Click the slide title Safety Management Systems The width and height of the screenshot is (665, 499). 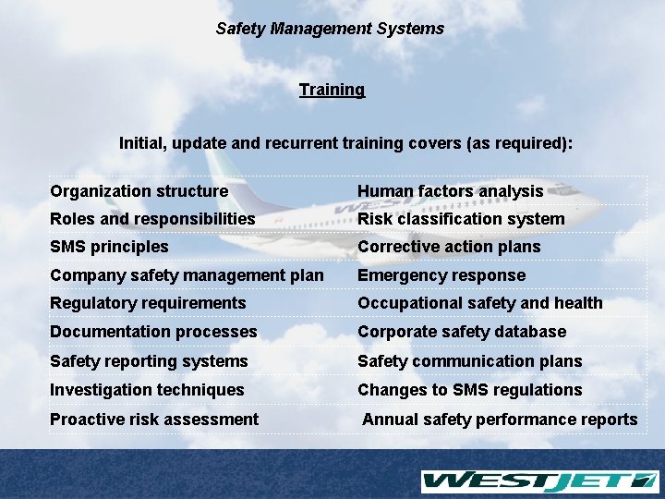pyautogui.click(x=330, y=29)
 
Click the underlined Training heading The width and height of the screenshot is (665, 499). pyautogui.click(x=332, y=90)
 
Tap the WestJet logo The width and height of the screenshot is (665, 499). pyautogui.click(x=539, y=481)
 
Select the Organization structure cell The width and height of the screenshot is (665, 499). pyautogui.click(x=139, y=191)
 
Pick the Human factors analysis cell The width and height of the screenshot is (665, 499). pyautogui.click(x=451, y=191)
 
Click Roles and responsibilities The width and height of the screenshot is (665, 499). pyautogui.click(x=152, y=219)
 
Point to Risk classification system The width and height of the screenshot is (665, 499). pyautogui.click(x=461, y=219)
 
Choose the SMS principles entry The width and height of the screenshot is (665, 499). pyautogui.click(x=109, y=247)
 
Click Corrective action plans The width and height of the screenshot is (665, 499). pyautogui.click(x=449, y=247)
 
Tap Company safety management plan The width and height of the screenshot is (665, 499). pyautogui.click(x=187, y=275)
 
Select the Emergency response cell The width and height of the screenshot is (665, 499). pyautogui.click(x=441, y=275)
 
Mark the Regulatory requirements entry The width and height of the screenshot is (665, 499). pyautogui.click(x=148, y=303)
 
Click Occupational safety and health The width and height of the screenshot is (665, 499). pyautogui.click(x=480, y=303)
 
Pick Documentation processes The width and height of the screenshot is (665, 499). pyautogui.click(x=153, y=332)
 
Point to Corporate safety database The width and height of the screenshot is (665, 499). pyautogui.click(x=462, y=332)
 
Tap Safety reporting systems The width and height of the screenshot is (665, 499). pyautogui.click(x=149, y=361)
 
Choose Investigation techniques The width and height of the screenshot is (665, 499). pyautogui.click(x=147, y=390)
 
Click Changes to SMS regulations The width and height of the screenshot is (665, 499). pyautogui.click(x=470, y=390)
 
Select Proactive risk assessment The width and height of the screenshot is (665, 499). pyautogui.click(x=154, y=420)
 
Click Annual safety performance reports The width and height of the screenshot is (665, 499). pyautogui.click(x=500, y=420)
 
